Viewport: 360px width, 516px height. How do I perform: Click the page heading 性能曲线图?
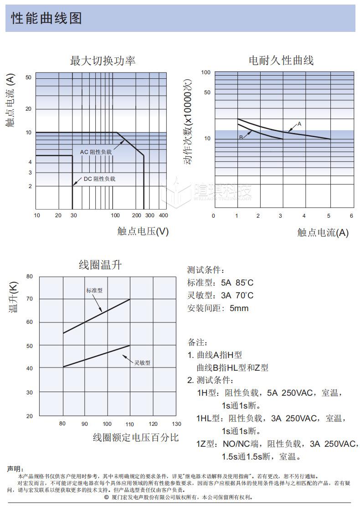click(46, 19)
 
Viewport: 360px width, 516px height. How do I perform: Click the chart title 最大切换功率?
click(103, 61)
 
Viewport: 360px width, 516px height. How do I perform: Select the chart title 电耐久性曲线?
click(281, 61)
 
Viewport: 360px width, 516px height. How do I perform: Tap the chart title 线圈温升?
click(100, 265)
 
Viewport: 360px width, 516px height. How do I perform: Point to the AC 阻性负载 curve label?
click(96, 152)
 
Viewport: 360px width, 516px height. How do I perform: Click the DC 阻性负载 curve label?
click(99, 179)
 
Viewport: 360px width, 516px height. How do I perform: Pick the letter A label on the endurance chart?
click(299, 124)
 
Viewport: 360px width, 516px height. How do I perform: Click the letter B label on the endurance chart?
click(241, 137)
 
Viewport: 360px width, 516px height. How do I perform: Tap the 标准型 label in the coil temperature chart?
click(94, 290)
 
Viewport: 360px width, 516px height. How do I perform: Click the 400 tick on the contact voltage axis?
click(163, 215)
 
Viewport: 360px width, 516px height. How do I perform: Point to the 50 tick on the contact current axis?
click(28, 77)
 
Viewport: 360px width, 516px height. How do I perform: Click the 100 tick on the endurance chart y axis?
click(206, 73)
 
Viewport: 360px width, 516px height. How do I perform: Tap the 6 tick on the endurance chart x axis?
click(351, 216)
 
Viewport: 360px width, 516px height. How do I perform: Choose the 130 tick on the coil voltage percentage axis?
click(176, 424)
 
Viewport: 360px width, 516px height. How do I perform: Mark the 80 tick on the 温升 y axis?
click(30, 276)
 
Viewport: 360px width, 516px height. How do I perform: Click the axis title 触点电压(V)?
click(143, 231)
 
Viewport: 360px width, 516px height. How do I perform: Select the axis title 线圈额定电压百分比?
click(136, 438)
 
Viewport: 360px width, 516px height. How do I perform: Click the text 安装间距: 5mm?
click(218, 308)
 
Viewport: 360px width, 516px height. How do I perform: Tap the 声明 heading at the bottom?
click(16, 469)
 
